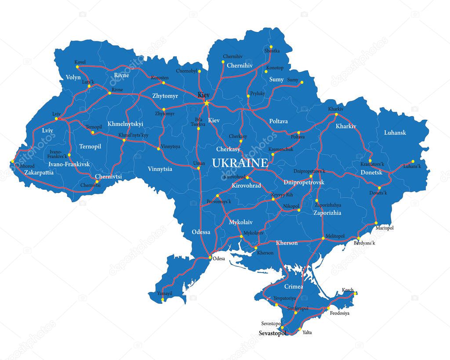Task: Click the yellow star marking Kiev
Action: (206, 103)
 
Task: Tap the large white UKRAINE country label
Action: (240, 163)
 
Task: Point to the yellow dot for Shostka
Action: (271, 47)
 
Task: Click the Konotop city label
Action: (275, 68)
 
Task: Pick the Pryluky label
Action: (258, 94)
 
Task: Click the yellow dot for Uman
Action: (199, 168)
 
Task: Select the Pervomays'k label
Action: (219, 202)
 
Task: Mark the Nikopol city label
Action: (290, 205)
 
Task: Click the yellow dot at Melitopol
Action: (323, 238)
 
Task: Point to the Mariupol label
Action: (385, 228)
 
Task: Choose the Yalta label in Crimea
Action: (307, 332)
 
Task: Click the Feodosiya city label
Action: (340, 313)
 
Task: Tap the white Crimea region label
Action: (294, 286)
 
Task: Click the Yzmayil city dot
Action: (163, 300)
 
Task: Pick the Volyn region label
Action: (73, 77)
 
